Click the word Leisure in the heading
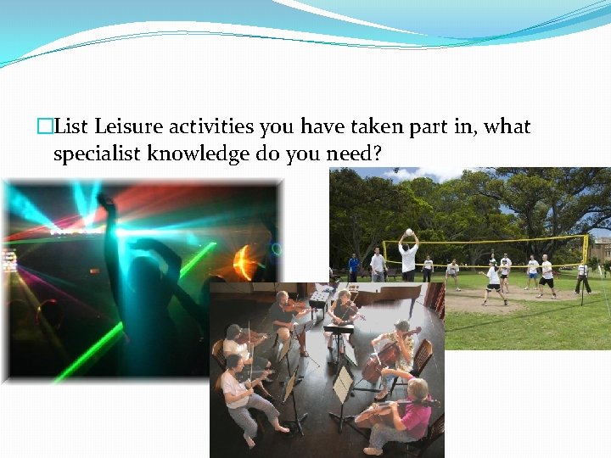(127, 127)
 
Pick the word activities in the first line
(212, 127)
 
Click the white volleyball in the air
(409, 232)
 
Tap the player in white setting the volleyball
(408, 259)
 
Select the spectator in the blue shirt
(353, 265)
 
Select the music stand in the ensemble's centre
(343, 386)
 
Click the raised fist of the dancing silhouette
(106, 201)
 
